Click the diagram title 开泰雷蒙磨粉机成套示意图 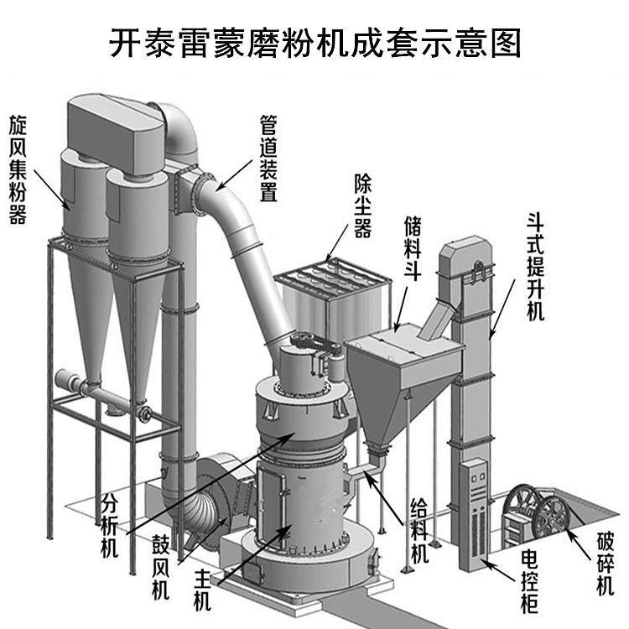(x=314, y=41)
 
